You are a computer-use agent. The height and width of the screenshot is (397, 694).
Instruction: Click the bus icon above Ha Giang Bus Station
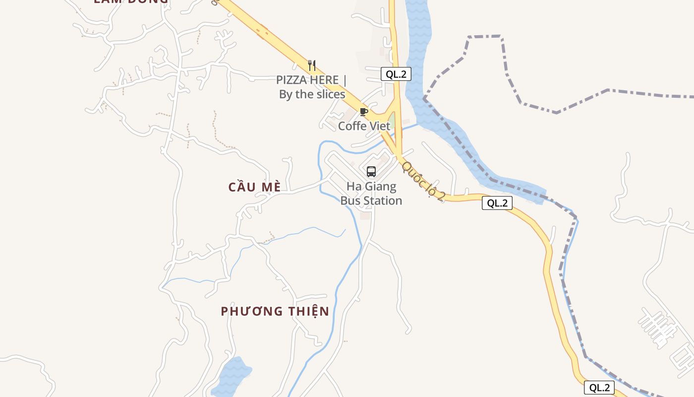[371, 172]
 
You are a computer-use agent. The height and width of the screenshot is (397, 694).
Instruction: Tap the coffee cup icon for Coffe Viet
[364, 112]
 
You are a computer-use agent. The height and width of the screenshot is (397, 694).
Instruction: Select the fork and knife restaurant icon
[312, 65]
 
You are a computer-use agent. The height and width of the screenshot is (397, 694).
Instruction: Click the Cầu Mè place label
[255, 187]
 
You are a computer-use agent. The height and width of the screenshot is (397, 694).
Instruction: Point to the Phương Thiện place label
[275, 311]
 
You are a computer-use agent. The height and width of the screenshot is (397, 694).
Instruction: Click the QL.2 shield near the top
[396, 74]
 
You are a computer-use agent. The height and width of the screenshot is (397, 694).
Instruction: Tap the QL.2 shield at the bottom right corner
[599, 388]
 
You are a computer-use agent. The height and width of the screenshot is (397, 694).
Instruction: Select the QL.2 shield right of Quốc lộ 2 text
[497, 203]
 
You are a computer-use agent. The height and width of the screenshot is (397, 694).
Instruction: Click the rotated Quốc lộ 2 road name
[423, 181]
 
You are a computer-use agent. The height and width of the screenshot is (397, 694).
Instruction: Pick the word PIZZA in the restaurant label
[292, 80]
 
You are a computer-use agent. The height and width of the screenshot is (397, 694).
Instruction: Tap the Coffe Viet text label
[364, 126]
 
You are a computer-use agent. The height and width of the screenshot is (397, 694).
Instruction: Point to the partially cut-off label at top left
[131, 1]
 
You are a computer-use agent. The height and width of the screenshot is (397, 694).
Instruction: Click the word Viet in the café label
[378, 126]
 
